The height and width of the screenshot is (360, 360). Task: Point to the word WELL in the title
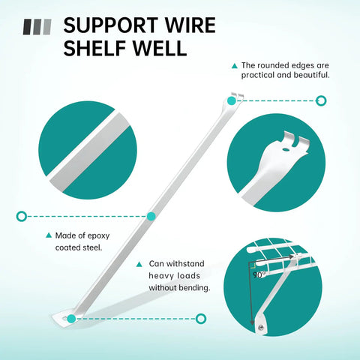point(160,47)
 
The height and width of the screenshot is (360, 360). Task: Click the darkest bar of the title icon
point(28,27)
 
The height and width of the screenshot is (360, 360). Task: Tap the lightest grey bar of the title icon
point(47,27)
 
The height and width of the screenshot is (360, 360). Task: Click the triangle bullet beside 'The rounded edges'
point(235,66)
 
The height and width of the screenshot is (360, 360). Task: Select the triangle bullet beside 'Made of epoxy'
point(49,235)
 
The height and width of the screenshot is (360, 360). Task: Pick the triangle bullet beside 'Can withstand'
point(139,264)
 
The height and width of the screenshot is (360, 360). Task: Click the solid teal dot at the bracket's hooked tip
point(232,101)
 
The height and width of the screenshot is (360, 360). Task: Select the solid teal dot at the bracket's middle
point(151,216)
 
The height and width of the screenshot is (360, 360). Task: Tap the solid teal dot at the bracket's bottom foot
point(71,319)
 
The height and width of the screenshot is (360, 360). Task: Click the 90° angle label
point(259,275)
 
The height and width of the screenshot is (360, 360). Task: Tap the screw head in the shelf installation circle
point(262,327)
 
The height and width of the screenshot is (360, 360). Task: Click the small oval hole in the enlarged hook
point(286,149)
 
